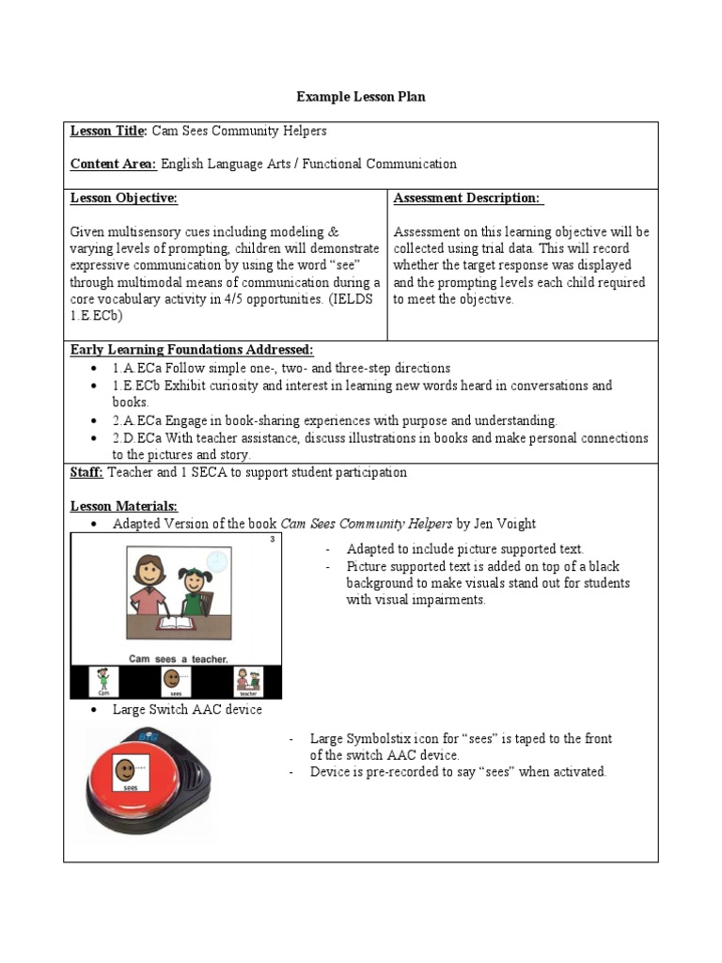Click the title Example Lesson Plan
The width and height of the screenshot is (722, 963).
pos(361,97)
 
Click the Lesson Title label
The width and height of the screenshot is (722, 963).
pos(109,131)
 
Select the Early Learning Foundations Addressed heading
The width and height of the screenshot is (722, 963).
pos(192,350)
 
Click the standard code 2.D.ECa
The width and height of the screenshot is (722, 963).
pos(138,438)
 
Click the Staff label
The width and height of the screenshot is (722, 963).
pos(88,472)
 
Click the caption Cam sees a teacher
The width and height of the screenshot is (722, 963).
pos(176,659)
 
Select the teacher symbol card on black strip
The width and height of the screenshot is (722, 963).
pos(247,681)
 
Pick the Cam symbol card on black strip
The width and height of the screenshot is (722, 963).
pos(102,681)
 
